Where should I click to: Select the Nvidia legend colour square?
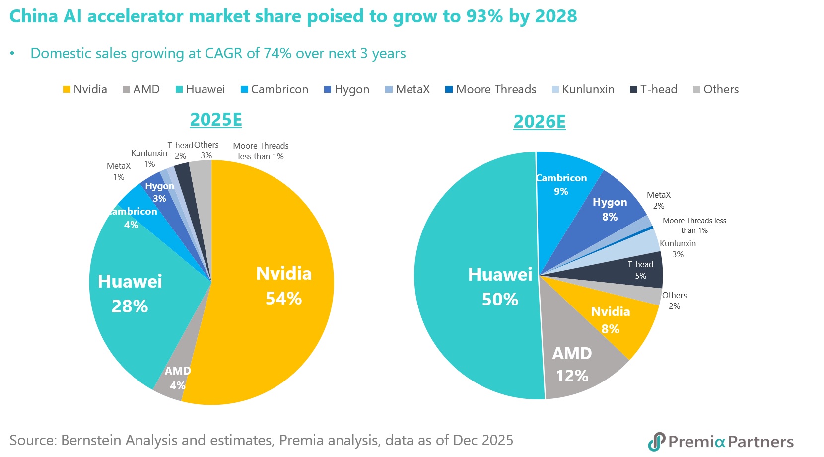coord(67,90)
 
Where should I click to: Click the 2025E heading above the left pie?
coord(216,120)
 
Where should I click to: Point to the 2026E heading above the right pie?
coord(540,122)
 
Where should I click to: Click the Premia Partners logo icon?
coord(657,441)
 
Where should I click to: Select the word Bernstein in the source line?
coord(92,441)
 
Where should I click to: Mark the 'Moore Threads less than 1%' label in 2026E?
coord(694,226)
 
